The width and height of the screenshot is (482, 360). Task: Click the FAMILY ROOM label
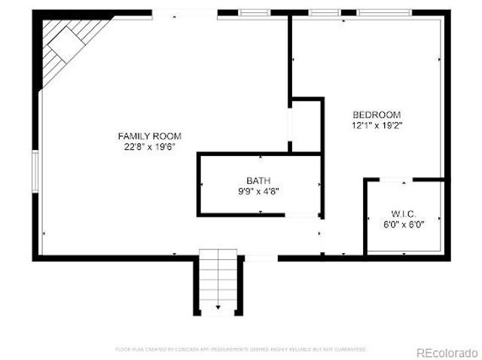(150, 136)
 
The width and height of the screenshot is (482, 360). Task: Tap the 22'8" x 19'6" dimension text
(150, 148)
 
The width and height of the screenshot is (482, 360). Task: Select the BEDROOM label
(377, 114)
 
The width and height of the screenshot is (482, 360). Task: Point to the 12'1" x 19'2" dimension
(377, 126)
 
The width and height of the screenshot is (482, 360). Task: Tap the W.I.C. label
(403, 212)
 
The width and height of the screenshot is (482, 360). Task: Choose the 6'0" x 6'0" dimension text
(403, 224)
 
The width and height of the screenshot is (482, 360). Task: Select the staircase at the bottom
(220, 282)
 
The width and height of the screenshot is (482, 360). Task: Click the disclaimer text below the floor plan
(241, 349)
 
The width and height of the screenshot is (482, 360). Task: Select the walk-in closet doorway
(395, 180)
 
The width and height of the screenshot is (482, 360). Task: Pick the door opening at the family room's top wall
(185, 13)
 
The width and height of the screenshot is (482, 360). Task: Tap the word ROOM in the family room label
(169, 136)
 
